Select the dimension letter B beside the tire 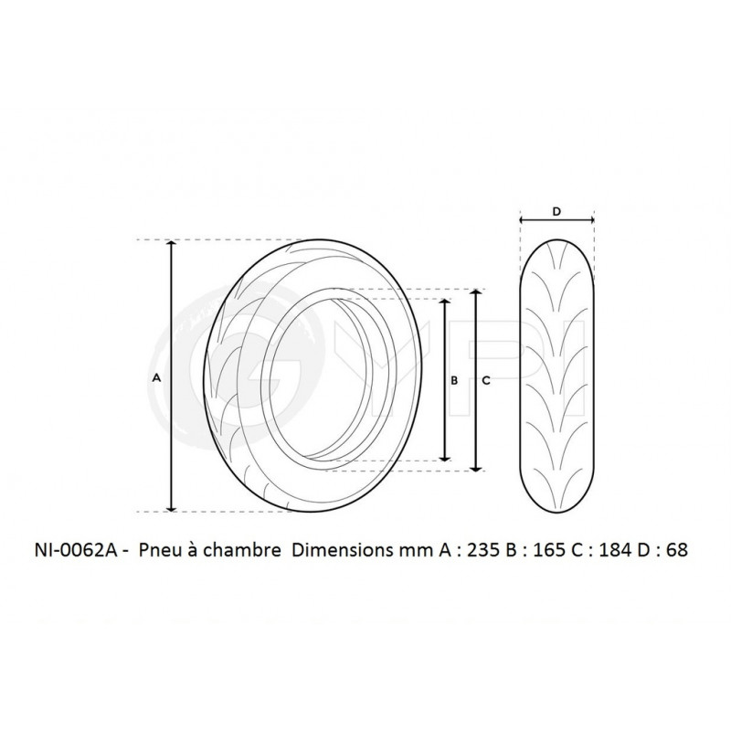(454, 381)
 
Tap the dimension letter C (486, 381)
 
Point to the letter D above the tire (557, 211)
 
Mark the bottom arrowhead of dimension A (172, 506)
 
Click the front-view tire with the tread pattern (557, 365)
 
